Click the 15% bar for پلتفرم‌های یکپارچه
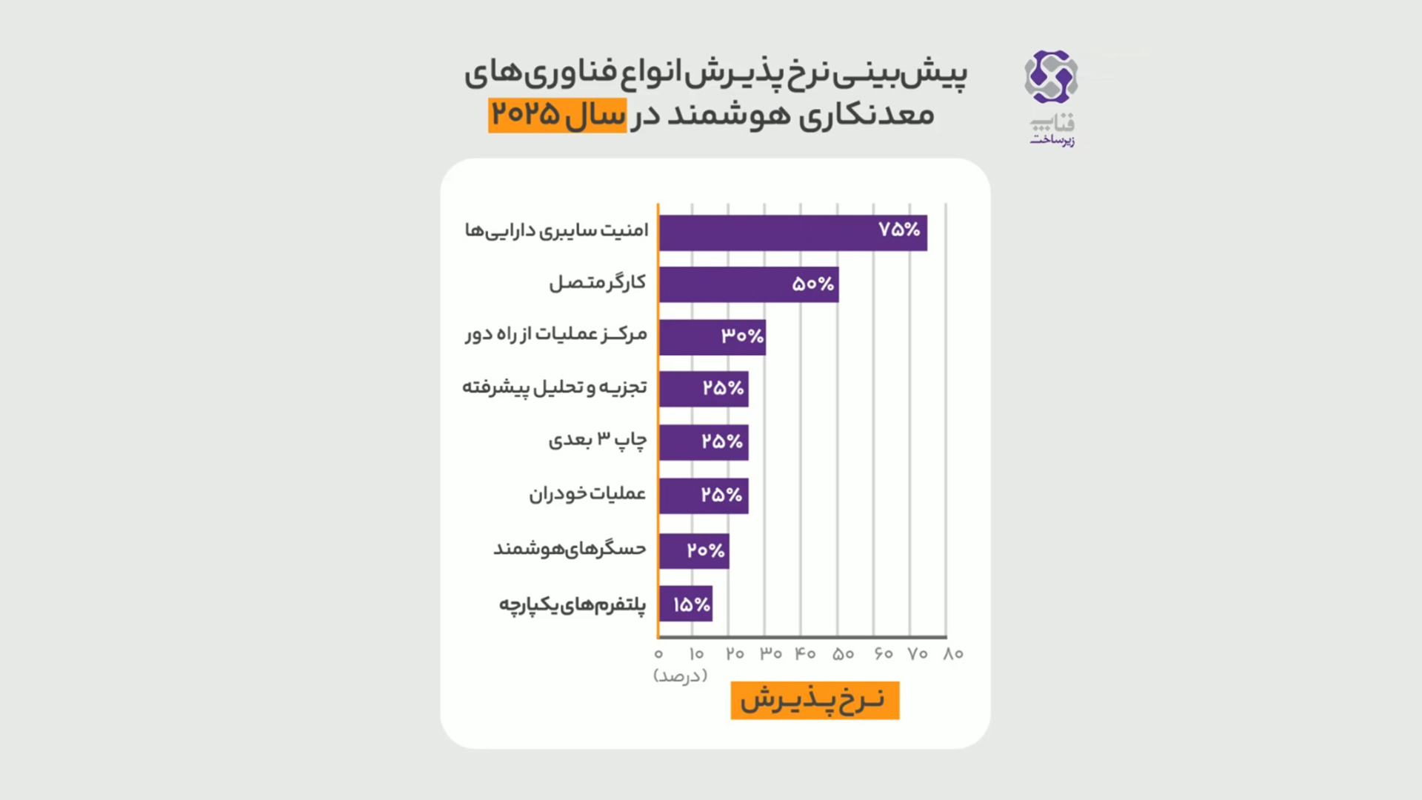coord(685,604)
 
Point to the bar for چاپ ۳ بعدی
coord(703,442)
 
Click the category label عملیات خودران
coord(587,494)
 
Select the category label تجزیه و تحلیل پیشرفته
coord(555,387)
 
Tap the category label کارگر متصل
coord(597,283)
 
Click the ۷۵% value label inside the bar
coord(899,230)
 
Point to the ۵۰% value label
coord(813,284)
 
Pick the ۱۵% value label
coord(692,605)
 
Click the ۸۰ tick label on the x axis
coord(953,654)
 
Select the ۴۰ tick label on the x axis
coord(805,654)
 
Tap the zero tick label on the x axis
coord(658,654)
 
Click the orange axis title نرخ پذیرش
coord(815,701)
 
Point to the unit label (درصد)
coord(680,676)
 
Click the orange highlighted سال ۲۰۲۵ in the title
coord(557,116)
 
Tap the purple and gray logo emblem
coord(1051,76)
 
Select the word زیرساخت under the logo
coord(1052,140)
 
